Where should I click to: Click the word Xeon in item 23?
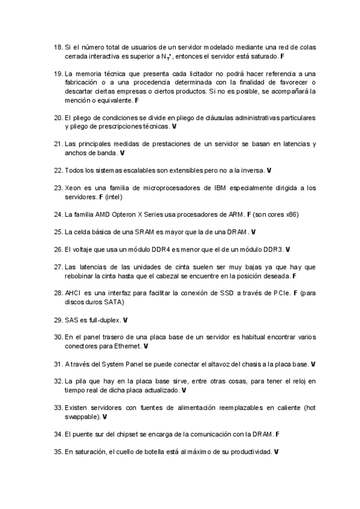73,188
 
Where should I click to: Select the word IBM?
220,188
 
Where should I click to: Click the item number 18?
58,47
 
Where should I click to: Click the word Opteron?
131,214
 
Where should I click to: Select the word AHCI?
73,293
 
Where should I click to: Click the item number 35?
58,451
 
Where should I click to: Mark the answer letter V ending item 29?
125,319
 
